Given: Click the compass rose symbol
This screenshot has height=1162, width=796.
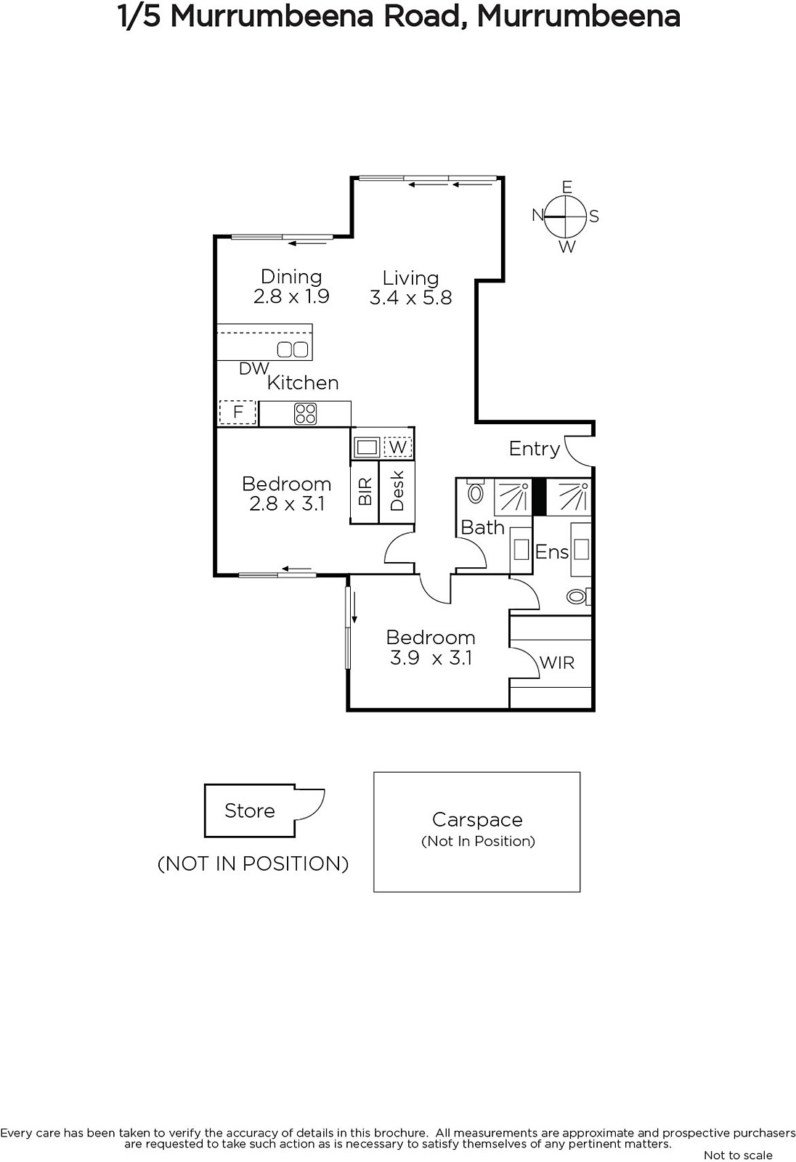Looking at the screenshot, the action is [x=566, y=216].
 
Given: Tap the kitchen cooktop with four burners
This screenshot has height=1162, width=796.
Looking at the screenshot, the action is [x=305, y=414].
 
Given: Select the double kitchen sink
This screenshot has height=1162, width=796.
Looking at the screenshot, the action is [x=293, y=349].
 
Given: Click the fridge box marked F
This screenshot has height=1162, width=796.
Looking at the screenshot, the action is [x=237, y=413].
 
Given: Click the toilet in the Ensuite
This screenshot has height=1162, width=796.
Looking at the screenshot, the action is [x=578, y=596].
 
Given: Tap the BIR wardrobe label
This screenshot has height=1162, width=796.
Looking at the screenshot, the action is [x=365, y=491].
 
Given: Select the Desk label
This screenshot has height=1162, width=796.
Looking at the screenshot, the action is [x=397, y=491].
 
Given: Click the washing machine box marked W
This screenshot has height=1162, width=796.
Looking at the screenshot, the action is [x=397, y=447].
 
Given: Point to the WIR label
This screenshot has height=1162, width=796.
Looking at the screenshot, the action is [x=557, y=663].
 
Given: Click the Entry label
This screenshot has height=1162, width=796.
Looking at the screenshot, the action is [x=535, y=449].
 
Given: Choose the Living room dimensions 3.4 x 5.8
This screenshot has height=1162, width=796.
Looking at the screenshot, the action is [x=410, y=298].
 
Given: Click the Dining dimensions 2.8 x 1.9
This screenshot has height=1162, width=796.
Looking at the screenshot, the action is [x=291, y=296].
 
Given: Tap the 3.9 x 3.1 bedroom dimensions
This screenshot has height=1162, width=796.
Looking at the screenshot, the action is [x=431, y=658].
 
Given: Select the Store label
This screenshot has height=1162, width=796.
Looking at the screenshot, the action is [x=250, y=810].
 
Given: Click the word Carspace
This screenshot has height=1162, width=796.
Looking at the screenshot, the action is [x=477, y=820].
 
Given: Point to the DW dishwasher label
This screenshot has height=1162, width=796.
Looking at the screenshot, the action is [x=253, y=368].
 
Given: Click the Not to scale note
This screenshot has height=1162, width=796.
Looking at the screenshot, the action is [x=738, y=1155].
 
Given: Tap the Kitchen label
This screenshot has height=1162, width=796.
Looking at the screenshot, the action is [x=303, y=383].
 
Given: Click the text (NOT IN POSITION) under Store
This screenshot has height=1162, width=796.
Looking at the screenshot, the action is [x=253, y=864].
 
